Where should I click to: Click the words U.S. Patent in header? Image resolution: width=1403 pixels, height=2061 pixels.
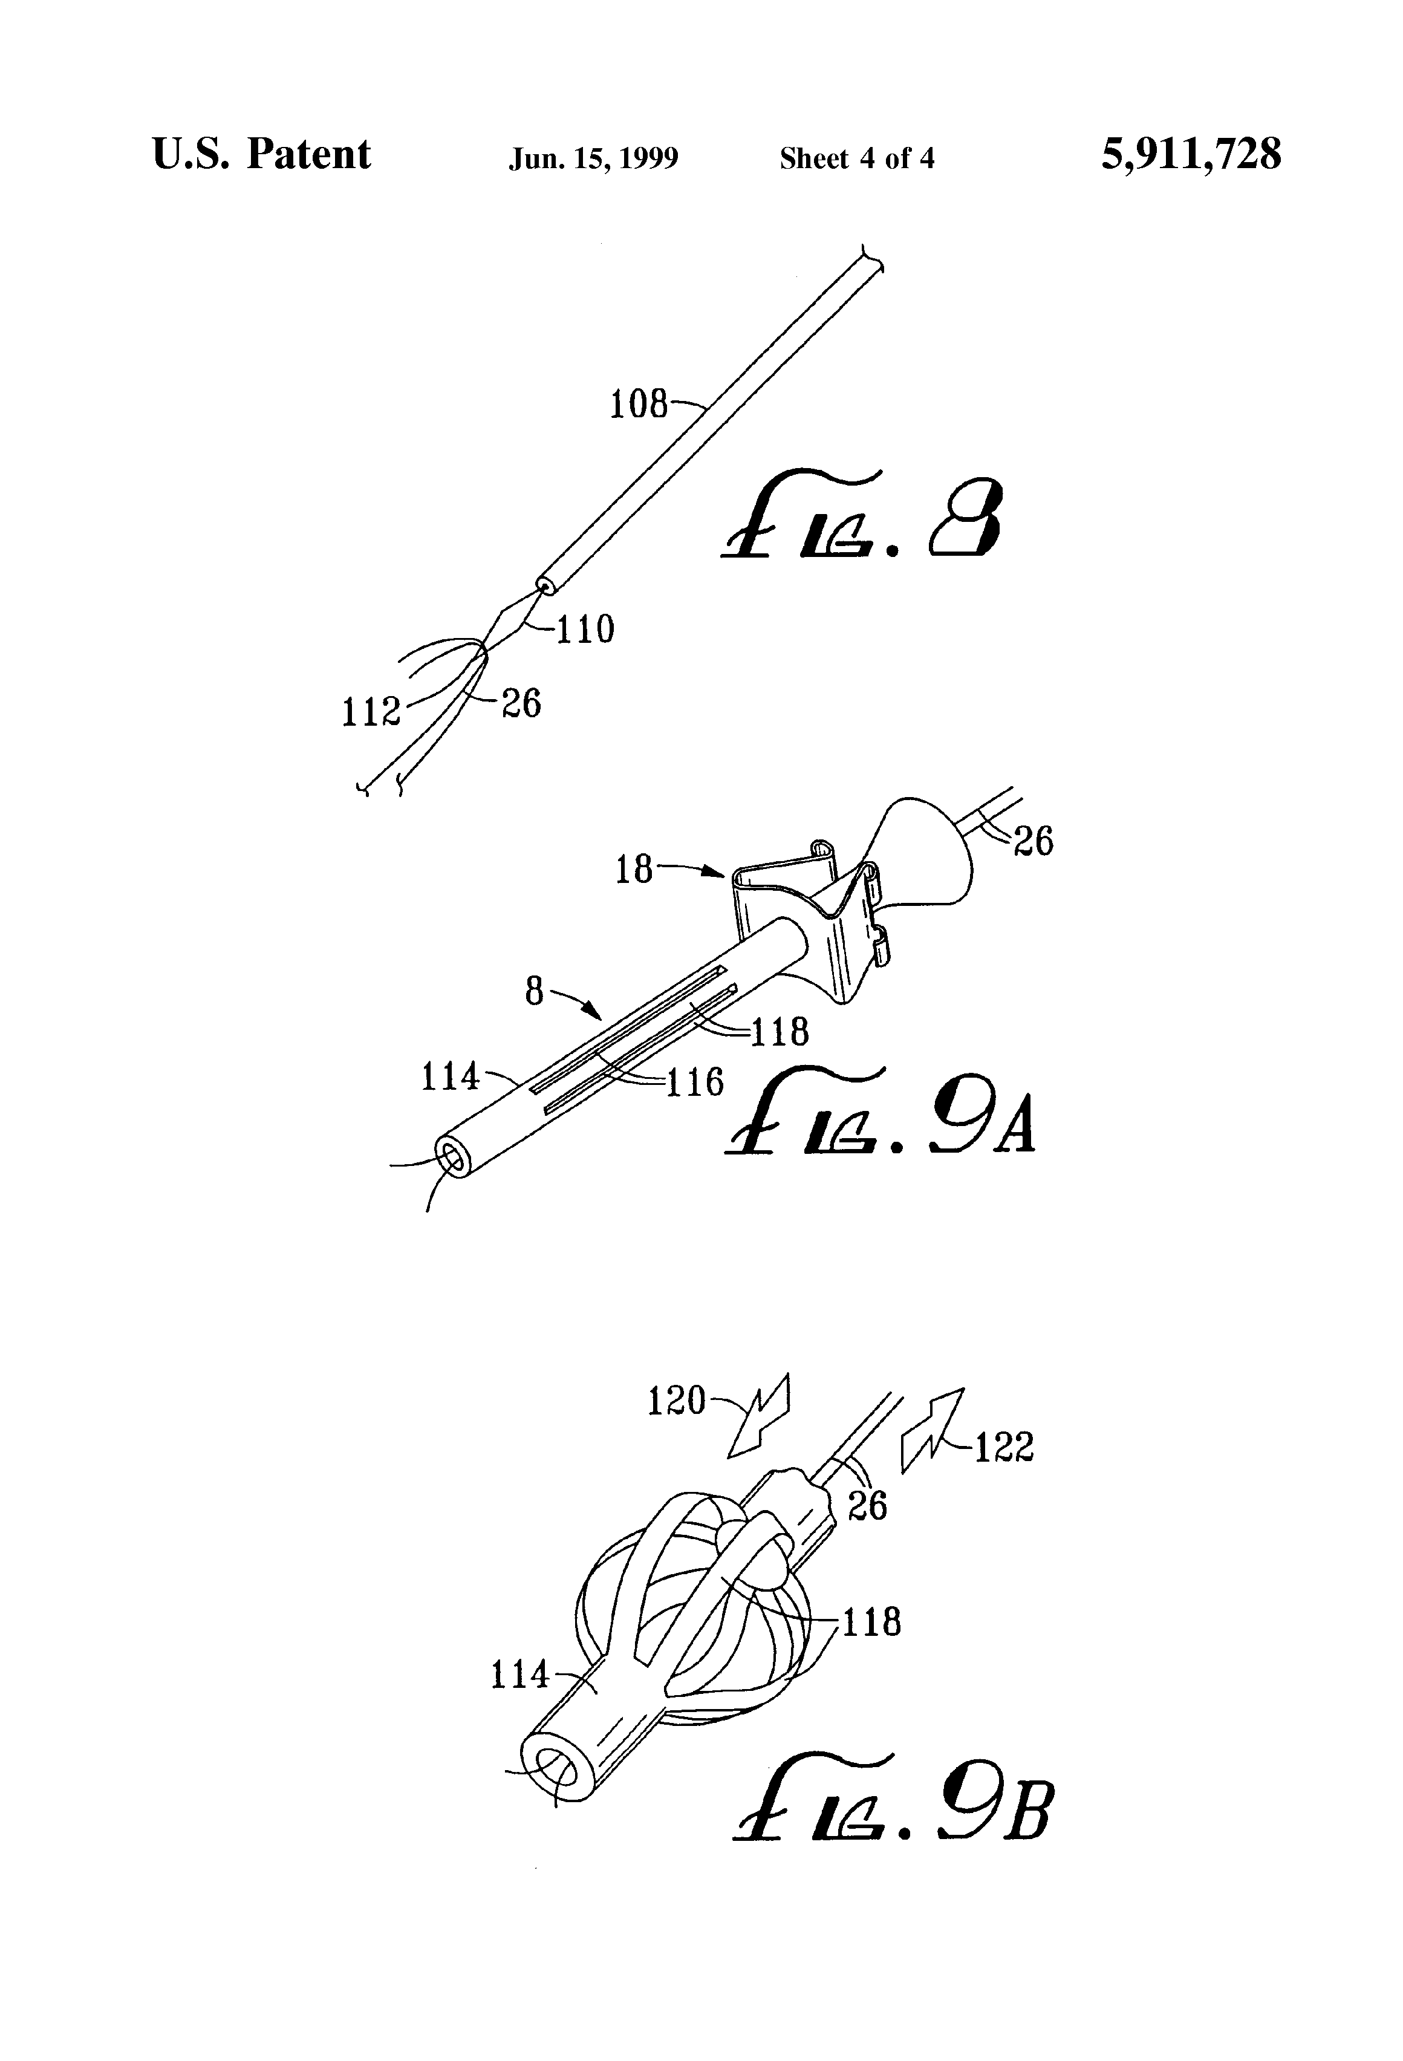point(262,154)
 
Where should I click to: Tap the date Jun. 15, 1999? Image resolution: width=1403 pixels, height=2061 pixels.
point(593,158)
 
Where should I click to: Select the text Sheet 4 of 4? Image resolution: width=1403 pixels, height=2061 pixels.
point(857,158)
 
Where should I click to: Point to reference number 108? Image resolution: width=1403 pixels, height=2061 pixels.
point(637,405)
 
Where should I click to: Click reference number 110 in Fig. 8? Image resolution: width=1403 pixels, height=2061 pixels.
point(584,630)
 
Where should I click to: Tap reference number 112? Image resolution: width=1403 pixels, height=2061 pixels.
point(370,712)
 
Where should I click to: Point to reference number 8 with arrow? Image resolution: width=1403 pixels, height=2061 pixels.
point(534,991)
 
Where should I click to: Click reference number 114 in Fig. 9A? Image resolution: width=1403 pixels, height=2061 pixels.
point(450,1078)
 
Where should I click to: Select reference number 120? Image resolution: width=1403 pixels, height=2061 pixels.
point(675,1401)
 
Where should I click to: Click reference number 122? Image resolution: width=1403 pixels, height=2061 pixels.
point(1004,1448)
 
